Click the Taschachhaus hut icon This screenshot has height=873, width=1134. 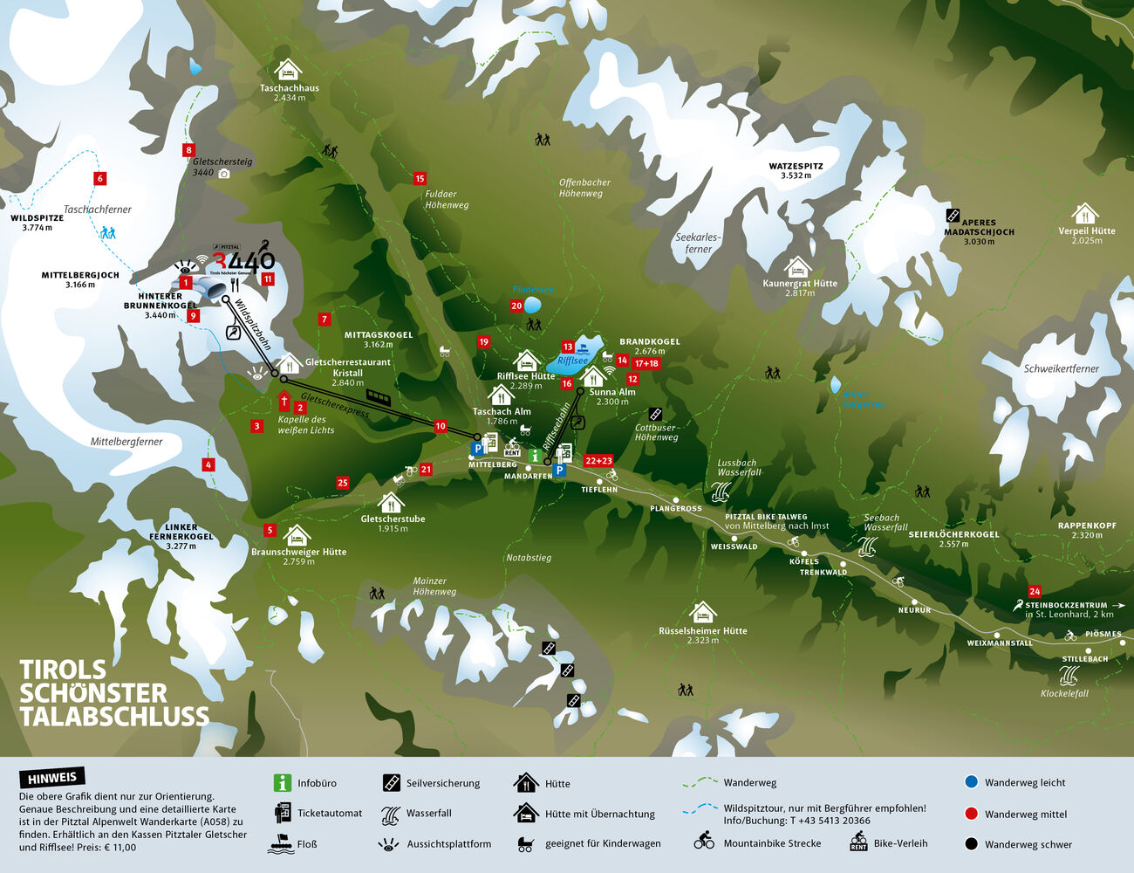288,70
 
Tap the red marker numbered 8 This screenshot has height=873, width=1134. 188,150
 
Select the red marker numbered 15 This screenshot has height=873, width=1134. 420,179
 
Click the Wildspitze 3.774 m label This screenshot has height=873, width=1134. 37,223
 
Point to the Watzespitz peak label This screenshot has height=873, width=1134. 796,170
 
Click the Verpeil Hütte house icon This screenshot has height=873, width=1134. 1084,214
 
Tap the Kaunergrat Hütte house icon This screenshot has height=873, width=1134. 797,267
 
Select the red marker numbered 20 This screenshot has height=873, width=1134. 516,306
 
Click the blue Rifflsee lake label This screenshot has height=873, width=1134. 573,361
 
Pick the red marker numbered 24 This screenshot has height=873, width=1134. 1035,591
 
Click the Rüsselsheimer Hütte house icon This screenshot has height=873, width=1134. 702,612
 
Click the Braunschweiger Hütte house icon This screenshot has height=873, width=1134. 297,535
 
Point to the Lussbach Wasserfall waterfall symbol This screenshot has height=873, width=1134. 721,491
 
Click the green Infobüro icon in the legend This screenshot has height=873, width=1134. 282,783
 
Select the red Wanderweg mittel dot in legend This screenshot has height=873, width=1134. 971,814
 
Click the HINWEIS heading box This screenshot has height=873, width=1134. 52,778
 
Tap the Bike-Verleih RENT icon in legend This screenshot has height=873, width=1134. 859,842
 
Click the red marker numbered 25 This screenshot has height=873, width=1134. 343,483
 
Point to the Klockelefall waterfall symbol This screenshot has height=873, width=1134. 1069,676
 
